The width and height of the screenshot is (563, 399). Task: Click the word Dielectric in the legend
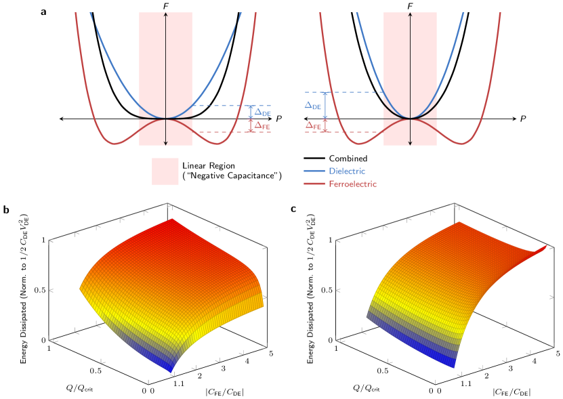pos(346,171)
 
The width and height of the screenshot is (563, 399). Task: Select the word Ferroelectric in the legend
pos(352,184)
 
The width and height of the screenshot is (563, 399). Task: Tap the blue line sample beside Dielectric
pos(314,171)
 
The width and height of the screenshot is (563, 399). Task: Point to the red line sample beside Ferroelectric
pos(314,184)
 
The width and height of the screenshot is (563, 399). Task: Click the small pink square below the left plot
pos(165,172)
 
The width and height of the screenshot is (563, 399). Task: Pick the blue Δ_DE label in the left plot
pos(262,112)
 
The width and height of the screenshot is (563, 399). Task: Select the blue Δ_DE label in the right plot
pos(312,106)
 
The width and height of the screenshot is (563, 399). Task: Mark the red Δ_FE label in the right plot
pos(313,125)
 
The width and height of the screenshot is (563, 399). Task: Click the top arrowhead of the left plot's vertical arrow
pos(166,15)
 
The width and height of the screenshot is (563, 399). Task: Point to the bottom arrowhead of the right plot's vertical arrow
pos(411,143)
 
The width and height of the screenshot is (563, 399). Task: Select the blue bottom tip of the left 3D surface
pos(171,370)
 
